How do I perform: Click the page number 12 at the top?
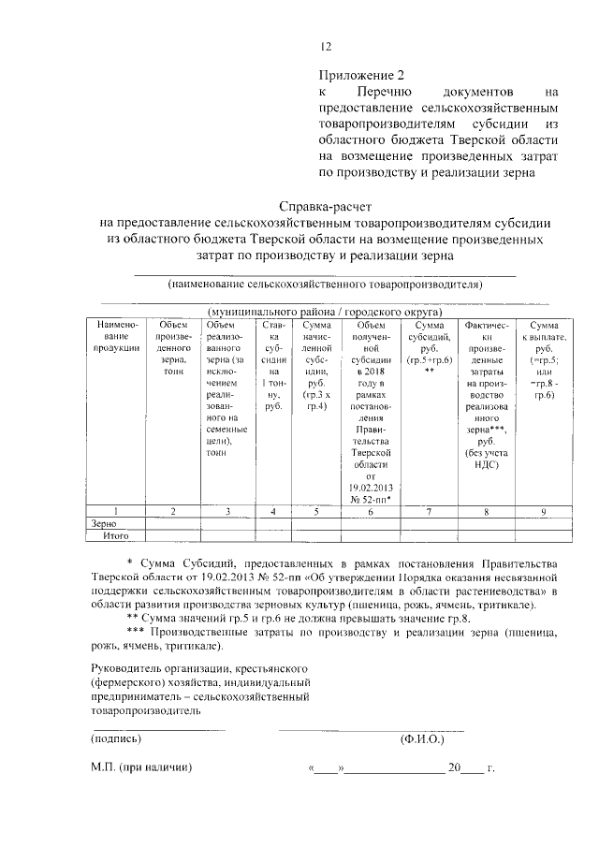(x=326, y=48)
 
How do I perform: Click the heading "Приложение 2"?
(x=361, y=74)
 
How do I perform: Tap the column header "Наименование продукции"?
(x=116, y=335)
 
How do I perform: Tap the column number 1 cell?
(x=116, y=511)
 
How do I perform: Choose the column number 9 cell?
(x=542, y=511)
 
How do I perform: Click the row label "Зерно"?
(x=104, y=524)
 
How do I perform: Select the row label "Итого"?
(x=115, y=536)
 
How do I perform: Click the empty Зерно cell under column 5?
(x=316, y=524)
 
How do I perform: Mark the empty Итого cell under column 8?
(x=484, y=536)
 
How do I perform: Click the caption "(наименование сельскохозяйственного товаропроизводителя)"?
(x=324, y=284)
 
